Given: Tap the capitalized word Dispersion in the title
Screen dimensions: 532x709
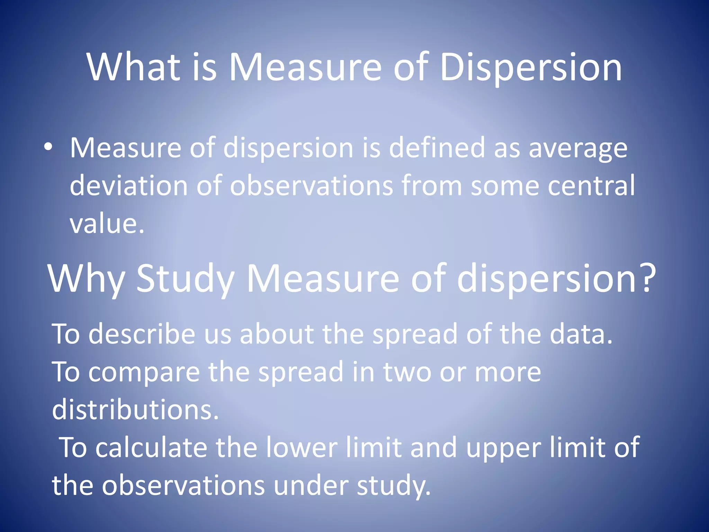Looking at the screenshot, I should pos(531,68).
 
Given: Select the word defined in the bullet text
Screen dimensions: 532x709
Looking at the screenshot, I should pos(437,148).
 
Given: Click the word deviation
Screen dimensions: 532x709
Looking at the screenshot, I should pos(128,185).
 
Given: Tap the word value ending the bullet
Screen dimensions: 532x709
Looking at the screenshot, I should pos(106,223).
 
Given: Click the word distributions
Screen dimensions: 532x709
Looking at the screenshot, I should pos(135,409).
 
